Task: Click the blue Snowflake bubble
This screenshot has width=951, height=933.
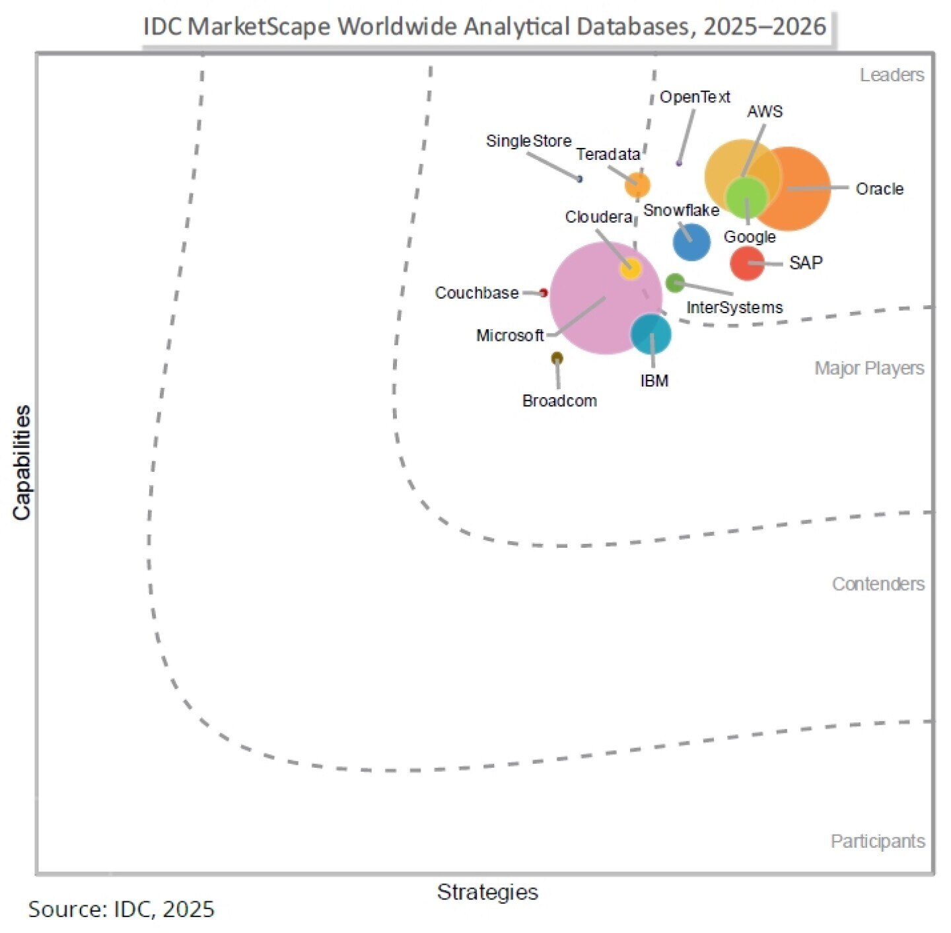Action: click(x=691, y=242)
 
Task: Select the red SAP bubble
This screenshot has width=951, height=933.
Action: click(x=747, y=263)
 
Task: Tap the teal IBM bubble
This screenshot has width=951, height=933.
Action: click(x=651, y=334)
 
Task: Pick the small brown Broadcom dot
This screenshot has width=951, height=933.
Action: click(x=557, y=358)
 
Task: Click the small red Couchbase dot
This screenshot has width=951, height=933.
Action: click(x=544, y=293)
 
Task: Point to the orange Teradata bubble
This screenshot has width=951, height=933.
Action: click(x=637, y=185)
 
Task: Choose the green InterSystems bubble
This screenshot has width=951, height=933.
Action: click(x=674, y=283)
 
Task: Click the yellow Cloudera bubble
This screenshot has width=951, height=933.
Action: click(x=630, y=268)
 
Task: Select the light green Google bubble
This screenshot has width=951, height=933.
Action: click(x=746, y=197)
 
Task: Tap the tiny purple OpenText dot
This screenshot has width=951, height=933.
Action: click(x=679, y=163)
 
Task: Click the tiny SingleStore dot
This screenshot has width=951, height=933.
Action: click(x=580, y=179)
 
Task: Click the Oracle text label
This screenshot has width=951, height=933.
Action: click(x=879, y=189)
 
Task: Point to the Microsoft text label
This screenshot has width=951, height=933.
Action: click(x=510, y=336)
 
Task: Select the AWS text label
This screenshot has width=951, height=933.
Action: click(x=765, y=112)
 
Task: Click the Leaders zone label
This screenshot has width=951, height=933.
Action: click(x=892, y=75)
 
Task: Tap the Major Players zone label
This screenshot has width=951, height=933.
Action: click(x=869, y=368)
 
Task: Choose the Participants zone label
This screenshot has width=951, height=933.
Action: click(x=877, y=841)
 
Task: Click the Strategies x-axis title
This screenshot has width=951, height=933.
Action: click(x=487, y=892)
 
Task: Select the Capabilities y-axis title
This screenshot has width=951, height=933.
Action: click(x=22, y=463)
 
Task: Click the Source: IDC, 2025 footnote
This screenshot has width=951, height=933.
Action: click(x=122, y=909)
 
